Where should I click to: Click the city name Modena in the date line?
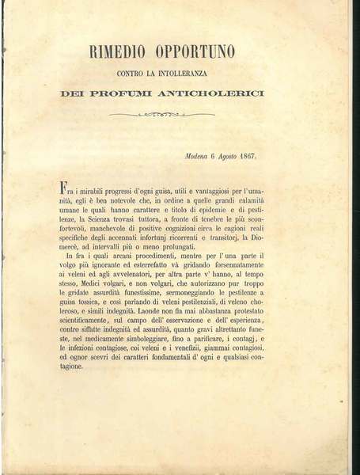pyautogui.click(x=196, y=156)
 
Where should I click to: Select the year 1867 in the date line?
pyautogui.click(x=256, y=156)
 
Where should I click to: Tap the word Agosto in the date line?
pyautogui.click(x=231, y=156)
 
